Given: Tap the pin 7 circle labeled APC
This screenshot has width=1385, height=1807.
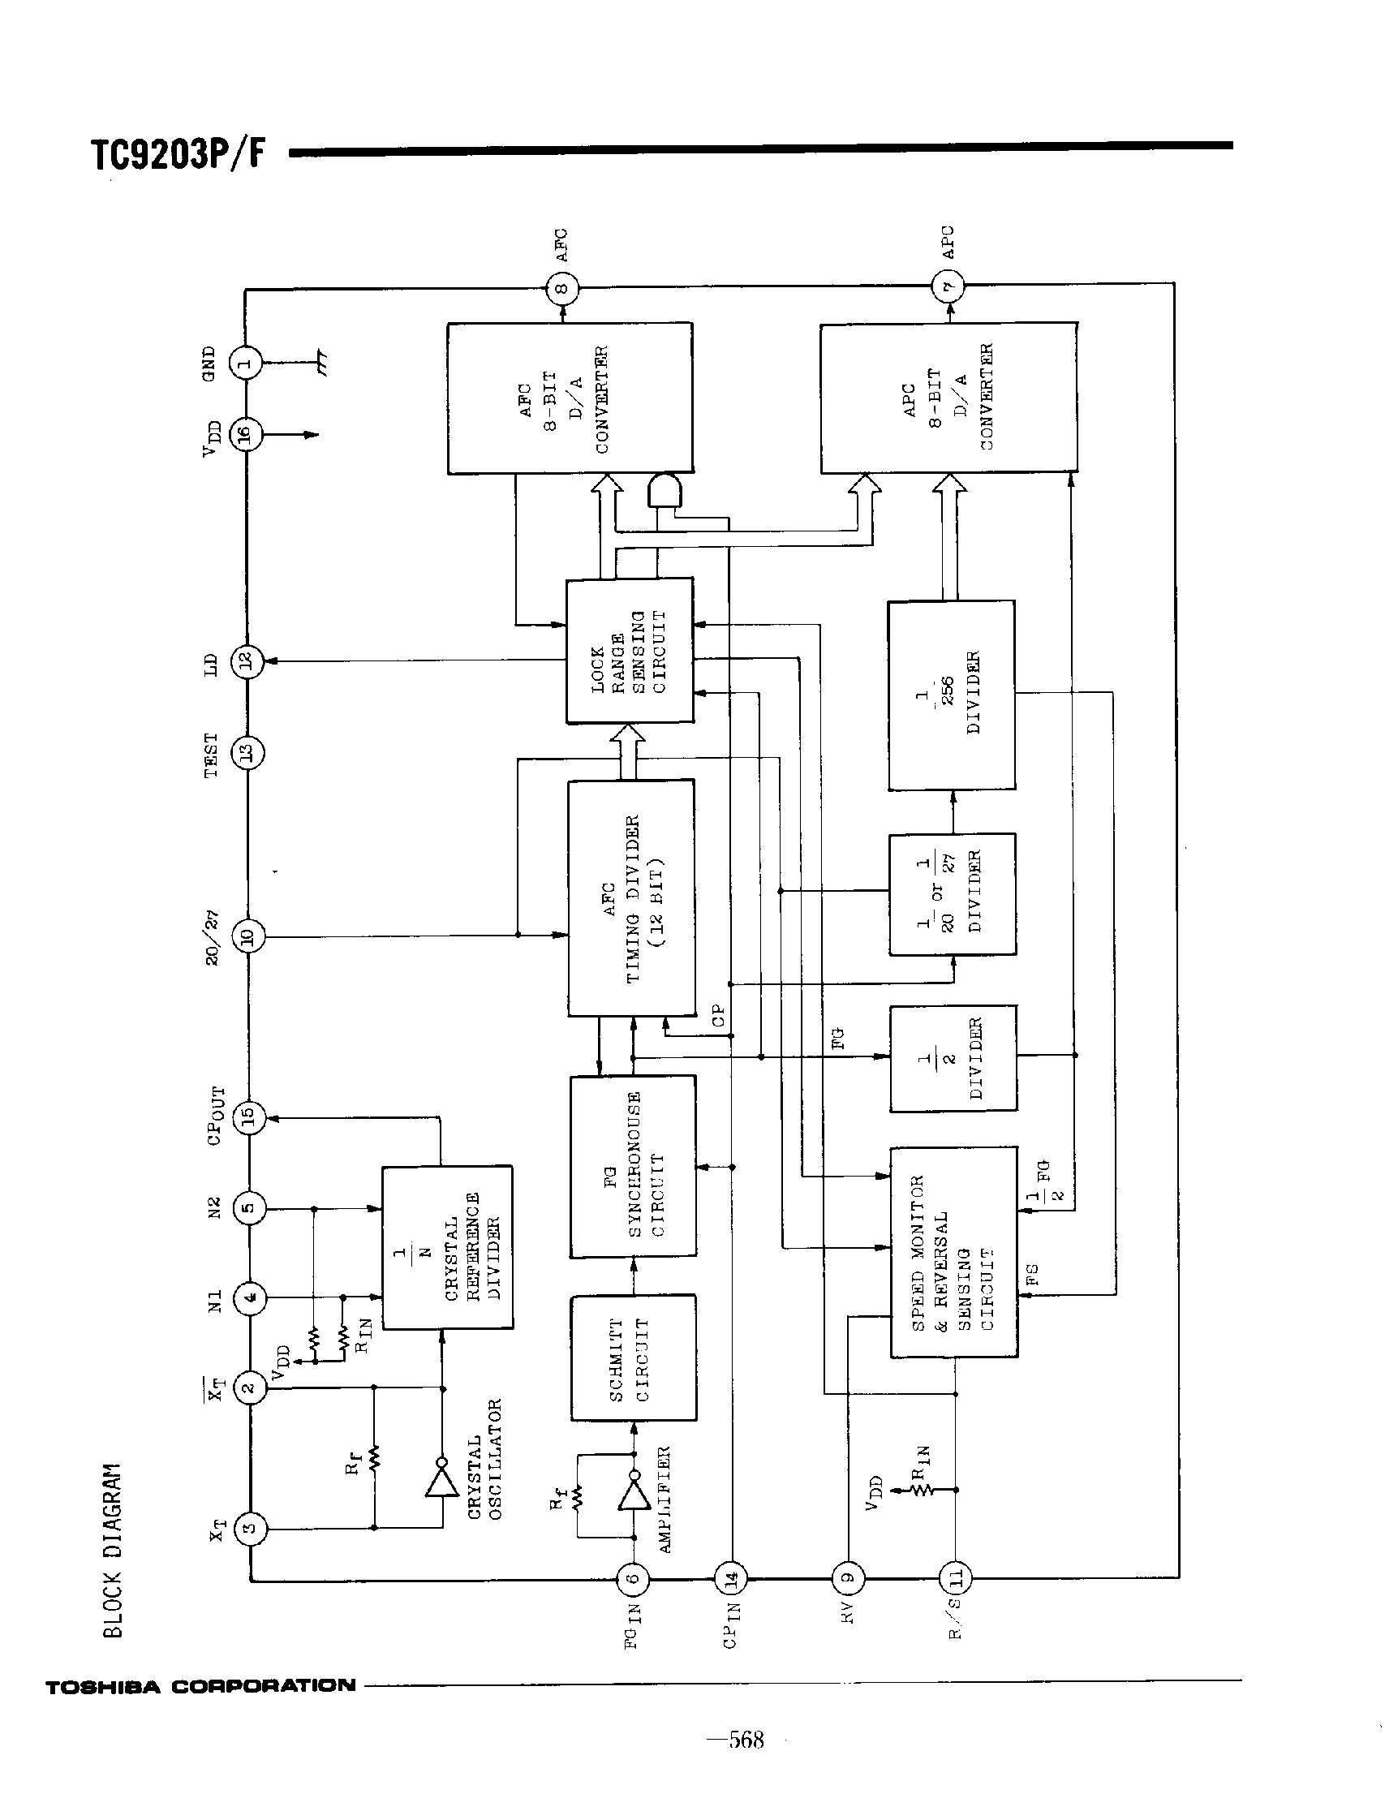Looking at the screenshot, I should [x=948, y=287].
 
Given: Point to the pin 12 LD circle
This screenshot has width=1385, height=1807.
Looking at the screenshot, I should [x=246, y=661].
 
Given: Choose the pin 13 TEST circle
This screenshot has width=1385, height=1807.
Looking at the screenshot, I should [x=247, y=751].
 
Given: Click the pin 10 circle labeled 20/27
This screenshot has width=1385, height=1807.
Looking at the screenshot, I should [x=248, y=936].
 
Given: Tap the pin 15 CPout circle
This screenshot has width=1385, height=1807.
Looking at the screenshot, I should [x=249, y=1118].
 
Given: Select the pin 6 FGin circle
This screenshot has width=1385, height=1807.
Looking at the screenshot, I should [x=633, y=1579].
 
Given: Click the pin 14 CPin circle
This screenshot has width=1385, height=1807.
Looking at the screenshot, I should [x=730, y=1579].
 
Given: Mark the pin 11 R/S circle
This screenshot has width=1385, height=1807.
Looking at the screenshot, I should [x=956, y=1578].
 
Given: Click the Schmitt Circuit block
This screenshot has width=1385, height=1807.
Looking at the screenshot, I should [x=633, y=1357].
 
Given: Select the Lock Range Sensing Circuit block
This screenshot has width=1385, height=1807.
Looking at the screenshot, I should [x=630, y=651].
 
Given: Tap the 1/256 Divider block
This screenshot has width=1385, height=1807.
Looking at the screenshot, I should [x=952, y=695].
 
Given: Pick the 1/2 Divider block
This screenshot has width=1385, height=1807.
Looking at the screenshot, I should [x=953, y=1059].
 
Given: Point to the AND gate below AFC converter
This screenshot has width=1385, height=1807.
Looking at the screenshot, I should [x=665, y=492].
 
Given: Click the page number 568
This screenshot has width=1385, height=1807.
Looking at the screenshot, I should [x=746, y=1740].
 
